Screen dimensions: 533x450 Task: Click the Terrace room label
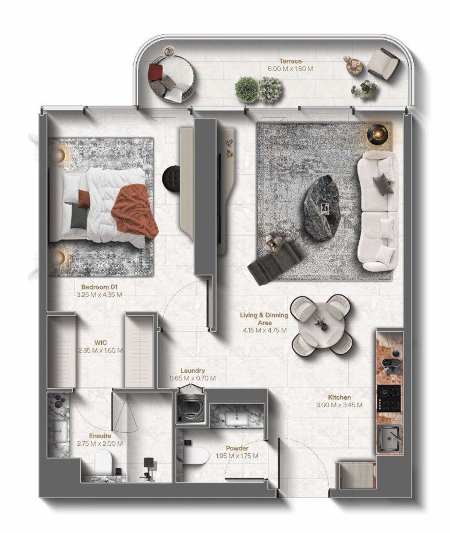[x=289, y=61]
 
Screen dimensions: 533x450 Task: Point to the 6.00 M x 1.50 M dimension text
[x=289, y=68]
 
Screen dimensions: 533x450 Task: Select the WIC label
[x=101, y=343]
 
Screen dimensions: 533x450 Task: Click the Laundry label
[x=192, y=370]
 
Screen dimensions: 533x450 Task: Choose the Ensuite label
[x=100, y=435]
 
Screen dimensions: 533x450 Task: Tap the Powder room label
[x=237, y=448]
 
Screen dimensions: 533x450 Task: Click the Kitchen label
[x=339, y=397]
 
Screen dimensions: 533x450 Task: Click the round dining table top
[x=321, y=322]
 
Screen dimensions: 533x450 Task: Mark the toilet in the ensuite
[x=103, y=464]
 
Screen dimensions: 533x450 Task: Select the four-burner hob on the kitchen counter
[x=389, y=398]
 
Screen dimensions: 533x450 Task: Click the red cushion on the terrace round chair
[x=155, y=72]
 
